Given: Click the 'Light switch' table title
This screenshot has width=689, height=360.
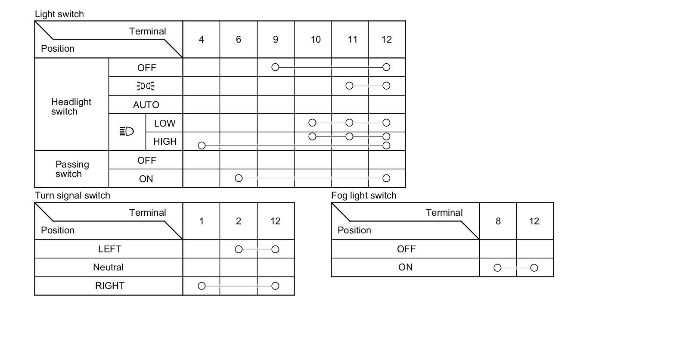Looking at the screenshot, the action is (x=59, y=14).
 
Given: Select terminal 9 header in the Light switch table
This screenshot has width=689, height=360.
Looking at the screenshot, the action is (x=276, y=40).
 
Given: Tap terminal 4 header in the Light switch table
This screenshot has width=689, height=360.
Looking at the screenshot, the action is (x=201, y=40).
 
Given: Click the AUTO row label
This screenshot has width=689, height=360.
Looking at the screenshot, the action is (x=146, y=105).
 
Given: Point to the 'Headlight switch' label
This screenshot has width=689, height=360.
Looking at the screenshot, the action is (x=71, y=107).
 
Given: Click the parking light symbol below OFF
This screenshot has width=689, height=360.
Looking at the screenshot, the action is (x=146, y=86).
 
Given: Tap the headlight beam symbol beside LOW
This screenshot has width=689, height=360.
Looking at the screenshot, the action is (x=127, y=131).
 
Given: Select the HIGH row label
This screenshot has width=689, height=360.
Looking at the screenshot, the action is (x=165, y=142).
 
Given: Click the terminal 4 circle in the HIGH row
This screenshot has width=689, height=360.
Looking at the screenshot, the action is (x=202, y=146).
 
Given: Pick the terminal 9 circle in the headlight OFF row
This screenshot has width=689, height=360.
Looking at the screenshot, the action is (x=276, y=67).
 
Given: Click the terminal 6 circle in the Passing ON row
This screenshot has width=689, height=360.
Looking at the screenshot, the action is (x=239, y=178).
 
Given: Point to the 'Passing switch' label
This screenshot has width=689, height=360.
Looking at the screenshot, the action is (x=72, y=169).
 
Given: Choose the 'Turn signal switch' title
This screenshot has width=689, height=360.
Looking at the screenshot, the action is (x=72, y=196).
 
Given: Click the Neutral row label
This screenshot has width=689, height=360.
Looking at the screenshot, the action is (x=108, y=267).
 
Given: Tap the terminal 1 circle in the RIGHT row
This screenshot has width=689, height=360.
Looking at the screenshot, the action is (x=202, y=286).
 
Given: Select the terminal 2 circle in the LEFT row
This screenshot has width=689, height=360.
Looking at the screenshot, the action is (x=239, y=249).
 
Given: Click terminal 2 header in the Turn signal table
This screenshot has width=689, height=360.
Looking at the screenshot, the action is (x=239, y=221).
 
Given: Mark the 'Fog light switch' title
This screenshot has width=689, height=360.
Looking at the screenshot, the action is (x=363, y=196).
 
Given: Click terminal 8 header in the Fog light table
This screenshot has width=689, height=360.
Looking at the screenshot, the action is (x=498, y=221).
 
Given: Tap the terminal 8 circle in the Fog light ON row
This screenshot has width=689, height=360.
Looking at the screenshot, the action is (x=497, y=268).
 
